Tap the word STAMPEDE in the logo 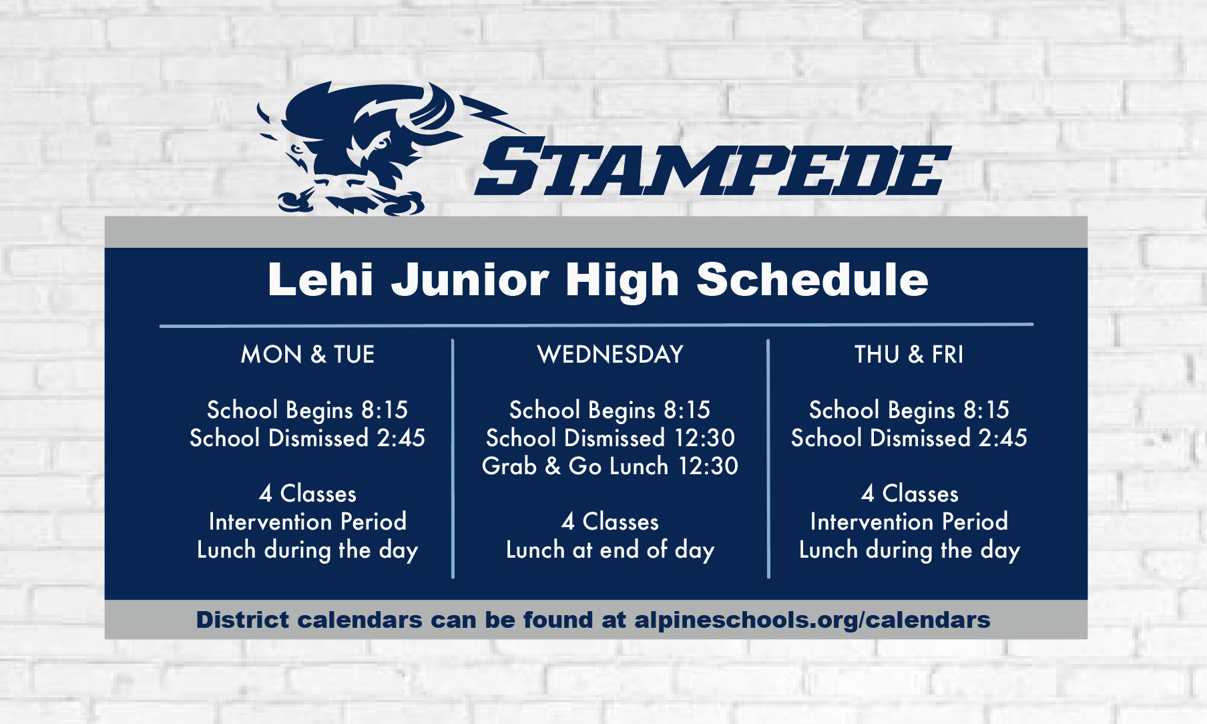pyautogui.click(x=712, y=167)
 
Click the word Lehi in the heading pyautogui.click(x=320, y=279)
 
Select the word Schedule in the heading pyautogui.click(x=812, y=279)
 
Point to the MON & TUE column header pyautogui.click(x=308, y=354)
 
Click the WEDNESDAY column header pyautogui.click(x=610, y=354)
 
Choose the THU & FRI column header pyautogui.click(x=909, y=354)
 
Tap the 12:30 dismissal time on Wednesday pyautogui.click(x=705, y=438)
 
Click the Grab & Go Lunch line pyautogui.click(x=610, y=466)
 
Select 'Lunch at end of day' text pyautogui.click(x=610, y=550)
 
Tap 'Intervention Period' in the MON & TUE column pyautogui.click(x=308, y=522)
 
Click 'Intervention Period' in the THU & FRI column pyautogui.click(x=909, y=522)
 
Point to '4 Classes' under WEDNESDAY pyautogui.click(x=610, y=522)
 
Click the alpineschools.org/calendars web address pyautogui.click(x=812, y=620)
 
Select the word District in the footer pyautogui.click(x=243, y=620)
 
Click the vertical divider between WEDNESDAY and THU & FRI pyautogui.click(x=768, y=459)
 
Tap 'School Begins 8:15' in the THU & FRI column pyautogui.click(x=909, y=410)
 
